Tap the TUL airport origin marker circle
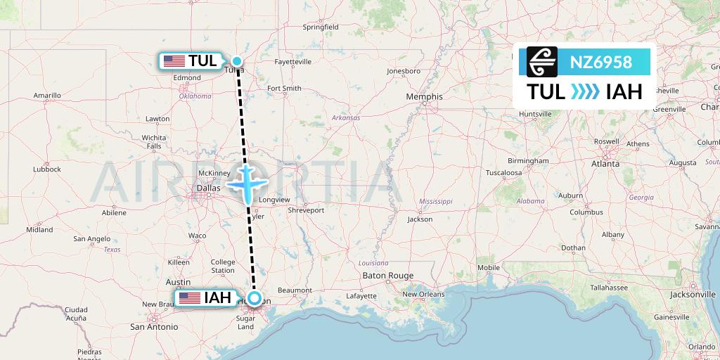point(238,61)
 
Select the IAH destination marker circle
point(256,298)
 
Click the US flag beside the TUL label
point(174,61)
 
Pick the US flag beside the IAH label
point(189,298)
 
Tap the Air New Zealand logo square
point(543,62)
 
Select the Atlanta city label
point(605,163)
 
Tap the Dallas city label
point(208,188)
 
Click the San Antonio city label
point(153,327)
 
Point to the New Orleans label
point(425,294)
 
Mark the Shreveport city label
point(306,210)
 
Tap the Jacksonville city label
point(692,294)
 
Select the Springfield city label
point(321,27)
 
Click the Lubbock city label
point(46,169)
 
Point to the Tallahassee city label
point(610,288)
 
